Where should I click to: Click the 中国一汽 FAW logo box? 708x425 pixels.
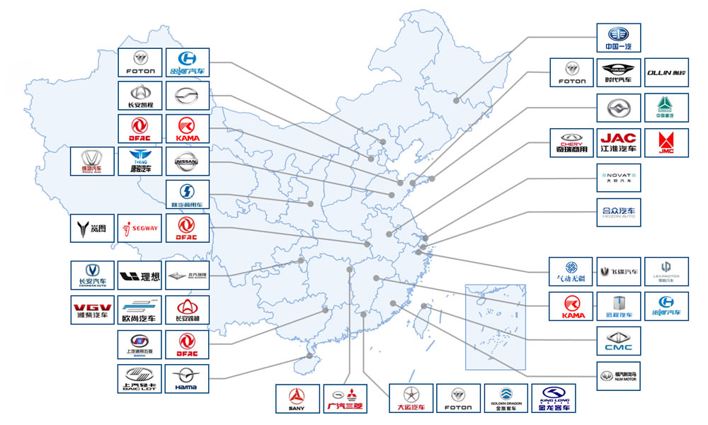pos(618,38)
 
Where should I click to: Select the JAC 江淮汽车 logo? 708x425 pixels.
pos(618,142)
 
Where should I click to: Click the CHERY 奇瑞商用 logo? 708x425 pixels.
pos(571,142)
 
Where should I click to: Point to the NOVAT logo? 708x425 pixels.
pos(618,178)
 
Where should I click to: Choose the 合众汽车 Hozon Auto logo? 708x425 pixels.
pos(618,211)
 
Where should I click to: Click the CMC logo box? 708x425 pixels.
pos(618,341)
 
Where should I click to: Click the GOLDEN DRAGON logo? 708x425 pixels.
pos(505,398)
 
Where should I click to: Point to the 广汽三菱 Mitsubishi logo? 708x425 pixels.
pos(343,398)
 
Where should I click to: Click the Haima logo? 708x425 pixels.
pos(187,378)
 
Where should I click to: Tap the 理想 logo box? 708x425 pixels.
pos(139,275)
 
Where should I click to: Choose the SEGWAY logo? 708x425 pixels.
pos(139,228)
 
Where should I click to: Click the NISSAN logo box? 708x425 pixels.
pos(187,161)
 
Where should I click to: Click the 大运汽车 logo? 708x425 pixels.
pos(409,398)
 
